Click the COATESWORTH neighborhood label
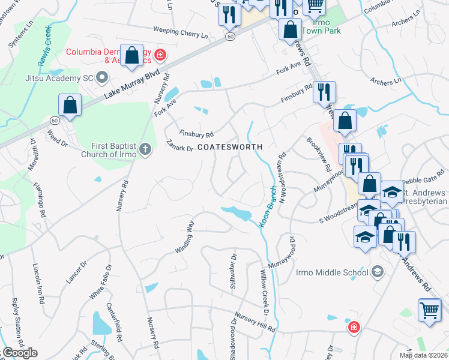(x=230, y=147)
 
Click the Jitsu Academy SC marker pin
(x=101, y=77)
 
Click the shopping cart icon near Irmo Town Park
(x=315, y=5)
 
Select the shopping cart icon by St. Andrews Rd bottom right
(x=429, y=311)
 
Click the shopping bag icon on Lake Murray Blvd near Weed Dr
(x=70, y=105)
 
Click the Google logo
(x=20, y=353)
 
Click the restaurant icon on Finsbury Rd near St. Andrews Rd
(x=324, y=92)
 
